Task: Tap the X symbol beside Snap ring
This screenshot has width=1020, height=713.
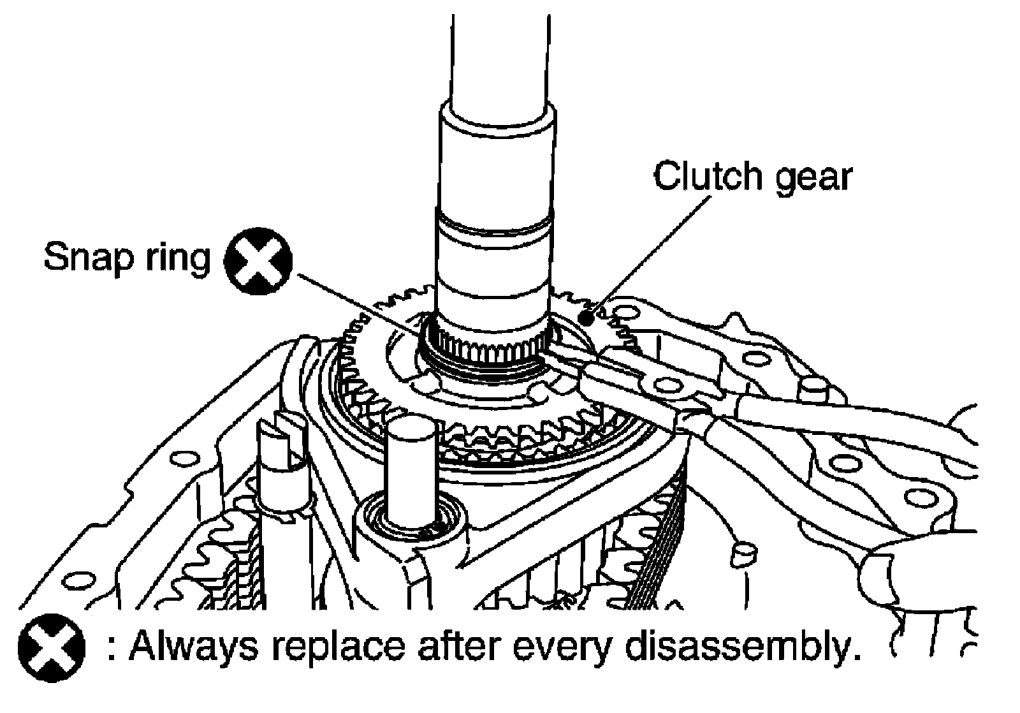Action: tap(259, 262)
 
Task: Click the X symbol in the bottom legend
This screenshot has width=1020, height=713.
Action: tap(51, 646)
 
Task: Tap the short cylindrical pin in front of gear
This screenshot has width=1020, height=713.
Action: tap(412, 472)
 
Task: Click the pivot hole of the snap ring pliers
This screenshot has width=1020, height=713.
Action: tap(666, 385)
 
